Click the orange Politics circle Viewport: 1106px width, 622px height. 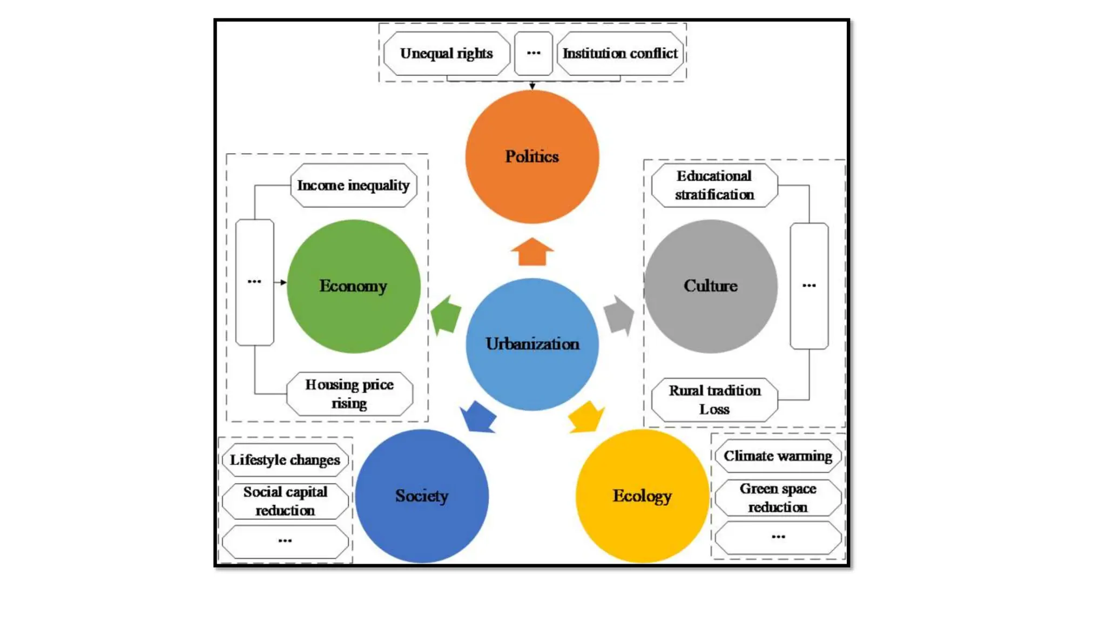[532, 157]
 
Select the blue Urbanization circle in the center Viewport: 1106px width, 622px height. [532, 344]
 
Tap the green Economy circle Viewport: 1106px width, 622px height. [353, 286]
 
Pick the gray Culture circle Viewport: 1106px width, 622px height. [711, 286]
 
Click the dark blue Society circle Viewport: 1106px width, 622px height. [422, 496]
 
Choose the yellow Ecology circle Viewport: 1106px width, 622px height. [642, 496]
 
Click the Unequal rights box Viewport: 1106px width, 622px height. [446, 53]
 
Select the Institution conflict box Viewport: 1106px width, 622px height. [620, 53]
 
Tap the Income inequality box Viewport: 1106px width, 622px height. [353, 185]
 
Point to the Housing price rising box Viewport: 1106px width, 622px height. [349, 394]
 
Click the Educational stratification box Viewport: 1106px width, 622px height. [714, 185]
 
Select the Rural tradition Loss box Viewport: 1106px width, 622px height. [714, 400]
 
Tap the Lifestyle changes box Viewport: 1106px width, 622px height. [285, 460]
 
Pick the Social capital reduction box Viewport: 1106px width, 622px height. [285, 501]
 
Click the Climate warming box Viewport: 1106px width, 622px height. [778, 456]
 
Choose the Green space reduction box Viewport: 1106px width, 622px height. [778, 498]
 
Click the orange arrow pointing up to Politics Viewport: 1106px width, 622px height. [532, 253]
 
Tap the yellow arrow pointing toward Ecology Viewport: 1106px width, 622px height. [586, 417]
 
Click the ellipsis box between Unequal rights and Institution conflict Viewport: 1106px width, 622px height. [534, 53]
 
